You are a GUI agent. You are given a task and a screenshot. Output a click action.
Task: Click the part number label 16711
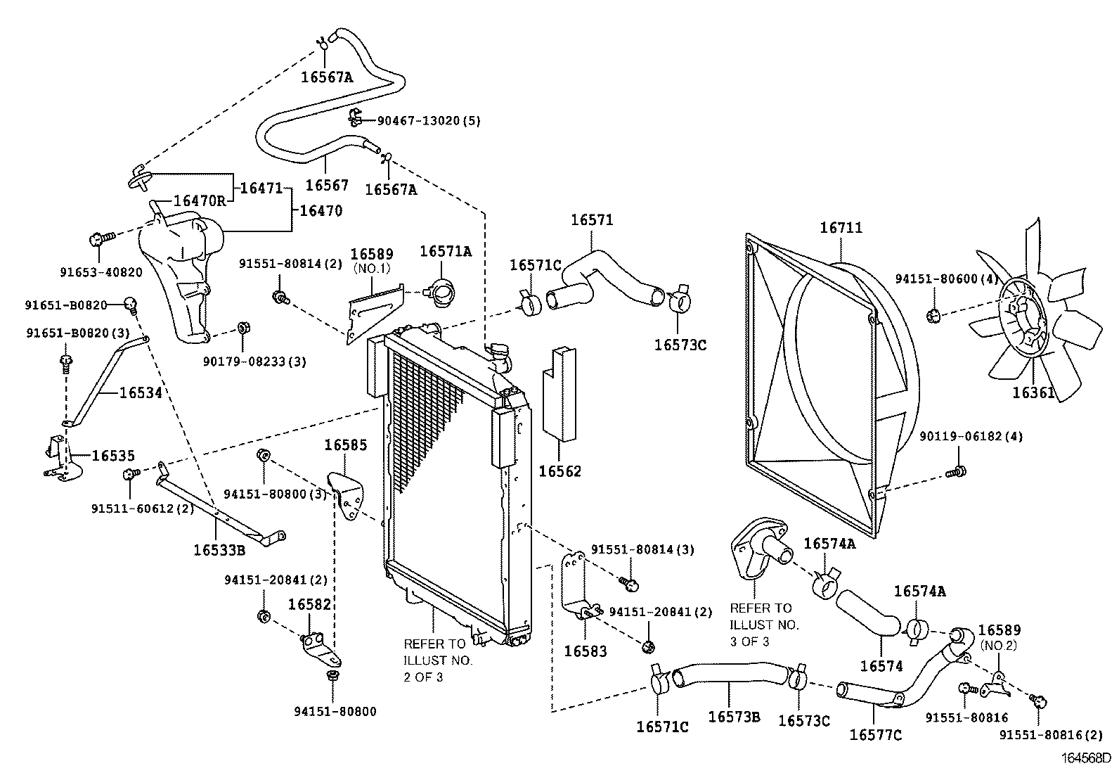[841, 228]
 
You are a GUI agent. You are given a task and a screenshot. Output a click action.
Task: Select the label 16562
[560, 471]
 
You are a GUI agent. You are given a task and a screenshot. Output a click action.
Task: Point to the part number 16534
[141, 392]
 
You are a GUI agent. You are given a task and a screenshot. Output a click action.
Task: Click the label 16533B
[219, 549]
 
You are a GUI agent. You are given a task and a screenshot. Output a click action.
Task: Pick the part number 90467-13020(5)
[429, 120]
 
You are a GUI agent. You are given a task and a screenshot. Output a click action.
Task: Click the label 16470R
[199, 201]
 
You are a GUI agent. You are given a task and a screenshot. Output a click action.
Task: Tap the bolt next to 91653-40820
[97, 240]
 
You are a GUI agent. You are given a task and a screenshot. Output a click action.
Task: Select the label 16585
[345, 445]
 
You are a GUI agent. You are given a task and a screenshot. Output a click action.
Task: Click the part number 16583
[586, 651]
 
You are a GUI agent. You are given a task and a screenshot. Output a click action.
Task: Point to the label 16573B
[735, 717]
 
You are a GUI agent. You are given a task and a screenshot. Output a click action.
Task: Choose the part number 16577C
[875, 735]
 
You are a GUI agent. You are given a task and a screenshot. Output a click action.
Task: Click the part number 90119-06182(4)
[971, 437]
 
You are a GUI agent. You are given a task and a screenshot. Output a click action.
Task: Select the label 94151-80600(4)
[947, 279]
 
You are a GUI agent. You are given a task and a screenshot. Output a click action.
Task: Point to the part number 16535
[113, 456]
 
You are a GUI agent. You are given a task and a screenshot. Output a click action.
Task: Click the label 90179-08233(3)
[254, 362]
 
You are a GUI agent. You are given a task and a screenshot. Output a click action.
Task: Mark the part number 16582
[309, 604]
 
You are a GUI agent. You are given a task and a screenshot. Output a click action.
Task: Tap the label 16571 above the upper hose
[592, 220]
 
